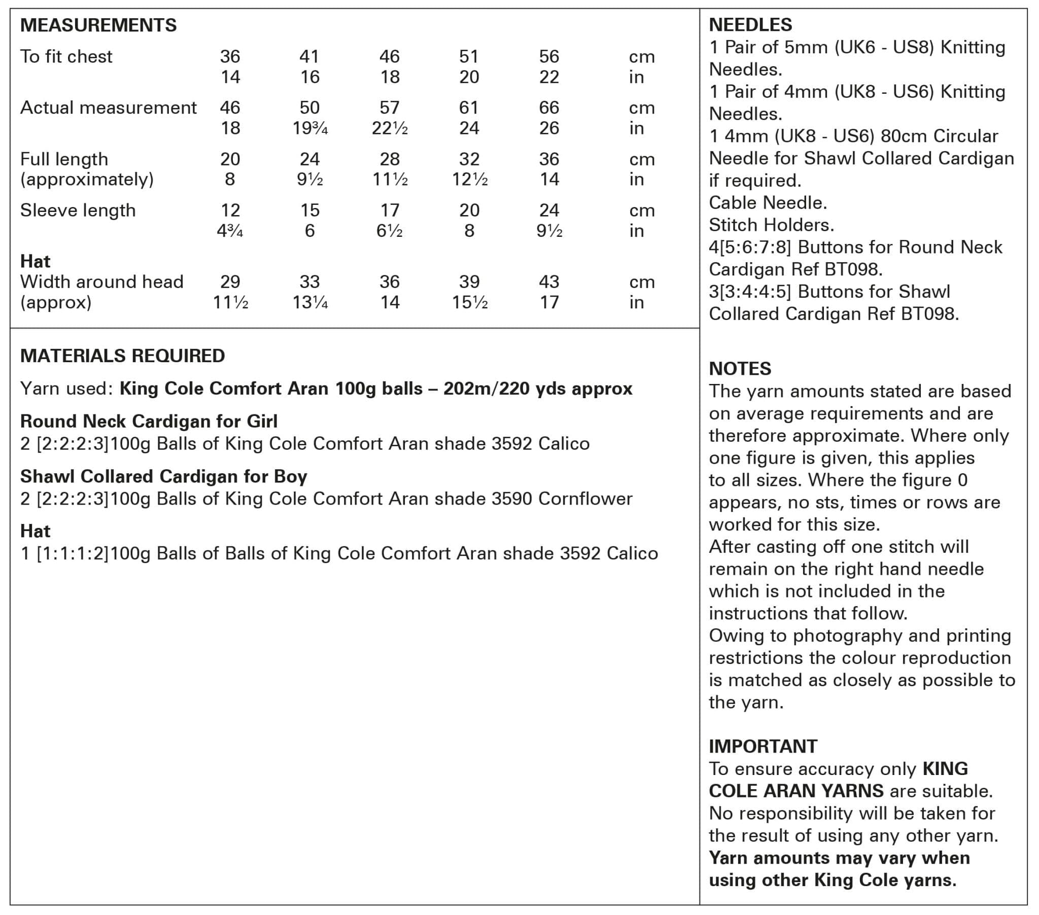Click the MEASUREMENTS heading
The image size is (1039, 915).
(98, 25)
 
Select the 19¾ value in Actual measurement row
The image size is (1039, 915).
(309, 128)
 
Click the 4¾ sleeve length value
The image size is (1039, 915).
(230, 231)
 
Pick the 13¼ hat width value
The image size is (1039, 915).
(309, 302)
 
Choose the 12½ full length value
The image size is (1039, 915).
(469, 180)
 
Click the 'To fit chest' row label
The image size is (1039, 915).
(66, 56)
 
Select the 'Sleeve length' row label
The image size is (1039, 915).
(78, 210)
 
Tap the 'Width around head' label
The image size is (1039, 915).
(101, 281)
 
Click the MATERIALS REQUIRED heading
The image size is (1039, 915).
(122, 356)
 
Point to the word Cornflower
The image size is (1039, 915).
(585, 499)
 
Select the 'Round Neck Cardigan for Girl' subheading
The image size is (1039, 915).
(149, 421)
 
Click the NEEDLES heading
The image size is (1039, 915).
(750, 25)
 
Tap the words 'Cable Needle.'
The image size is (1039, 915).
(768, 203)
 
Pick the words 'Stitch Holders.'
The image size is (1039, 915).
(771, 225)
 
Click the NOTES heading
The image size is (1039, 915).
(740, 369)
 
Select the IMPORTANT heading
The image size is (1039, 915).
(763, 746)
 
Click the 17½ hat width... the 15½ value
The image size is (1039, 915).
(469, 302)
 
